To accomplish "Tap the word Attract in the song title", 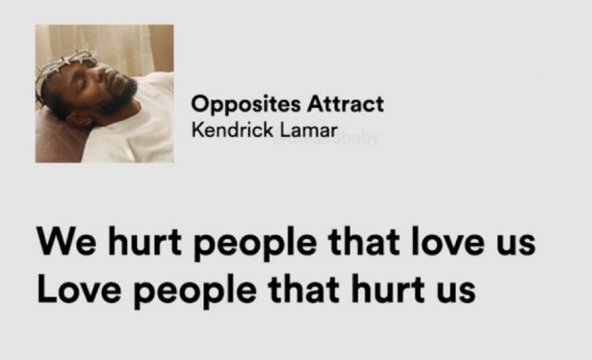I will (345, 104).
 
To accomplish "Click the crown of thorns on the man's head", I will (65, 64).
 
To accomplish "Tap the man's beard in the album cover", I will (121, 96).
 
